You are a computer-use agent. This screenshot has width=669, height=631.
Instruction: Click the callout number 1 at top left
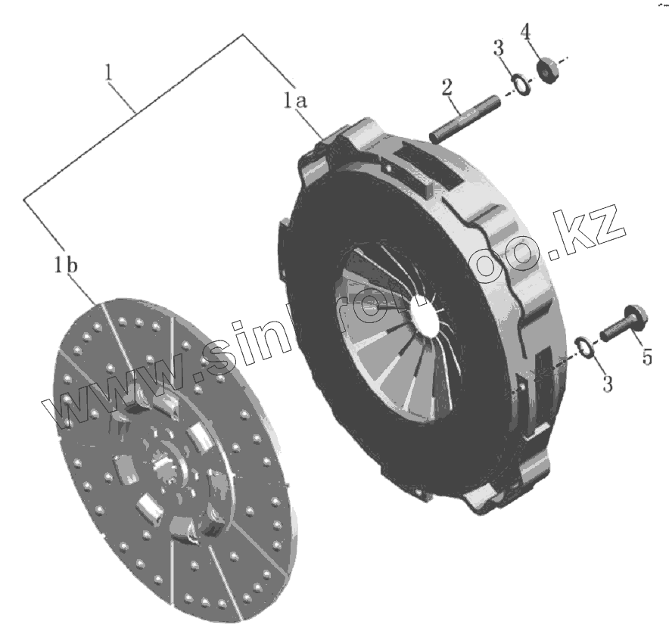[x=110, y=74]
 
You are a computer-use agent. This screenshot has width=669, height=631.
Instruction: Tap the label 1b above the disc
[x=65, y=266]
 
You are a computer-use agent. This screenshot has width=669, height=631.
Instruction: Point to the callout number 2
[x=447, y=86]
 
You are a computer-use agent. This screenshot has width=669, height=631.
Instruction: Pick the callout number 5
[x=646, y=355]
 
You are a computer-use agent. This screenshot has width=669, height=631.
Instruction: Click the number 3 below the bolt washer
[x=607, y=384]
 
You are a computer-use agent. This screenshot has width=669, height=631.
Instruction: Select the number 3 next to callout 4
[x=498, y=49]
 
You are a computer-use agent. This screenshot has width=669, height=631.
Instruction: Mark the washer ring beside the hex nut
[x=520, y=82]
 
